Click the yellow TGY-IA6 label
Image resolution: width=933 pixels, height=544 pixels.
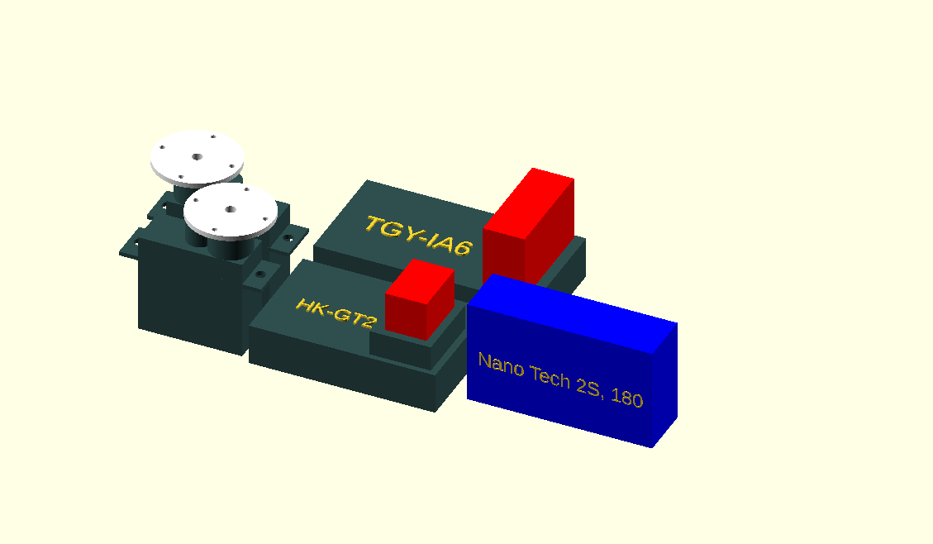419,235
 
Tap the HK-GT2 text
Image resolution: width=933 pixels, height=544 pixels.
337,313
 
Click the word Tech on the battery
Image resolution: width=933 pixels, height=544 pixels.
550,375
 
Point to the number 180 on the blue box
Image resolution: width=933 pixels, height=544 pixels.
626,397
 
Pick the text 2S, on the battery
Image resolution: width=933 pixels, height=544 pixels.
589,386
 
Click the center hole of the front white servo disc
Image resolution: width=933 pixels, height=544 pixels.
231,209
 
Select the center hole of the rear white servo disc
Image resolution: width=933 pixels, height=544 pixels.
197,157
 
